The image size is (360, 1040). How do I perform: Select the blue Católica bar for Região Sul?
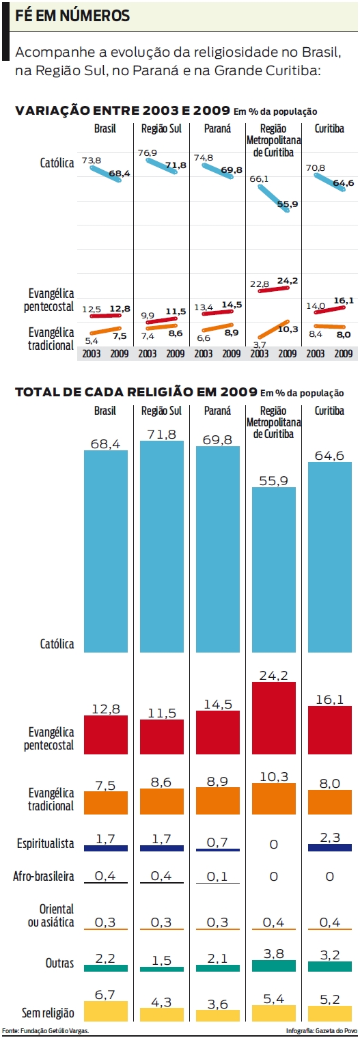[x=162, y=547]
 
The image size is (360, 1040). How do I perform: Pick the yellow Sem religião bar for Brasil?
[x=106, y=1011]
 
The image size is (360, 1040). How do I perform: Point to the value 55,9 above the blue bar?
[x=274, y=481]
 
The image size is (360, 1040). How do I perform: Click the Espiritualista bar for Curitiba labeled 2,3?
[x=330, y=847]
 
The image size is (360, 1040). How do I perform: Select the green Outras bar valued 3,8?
[x=274, y=966]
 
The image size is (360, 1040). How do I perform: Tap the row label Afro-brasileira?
[x=44, y=876]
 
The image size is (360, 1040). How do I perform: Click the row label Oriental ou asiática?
[x=55, y=916]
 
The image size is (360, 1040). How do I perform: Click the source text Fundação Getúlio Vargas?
[x=46, y=1030]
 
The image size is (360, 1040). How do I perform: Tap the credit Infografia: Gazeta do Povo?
[x=322, y=1030]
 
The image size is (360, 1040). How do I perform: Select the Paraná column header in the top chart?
[x=217, y=128]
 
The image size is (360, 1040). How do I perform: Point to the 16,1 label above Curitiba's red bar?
[x=330, y=699]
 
